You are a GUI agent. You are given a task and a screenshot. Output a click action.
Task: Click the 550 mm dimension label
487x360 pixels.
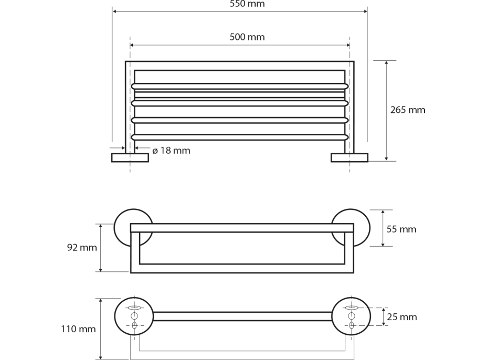click(247, 4)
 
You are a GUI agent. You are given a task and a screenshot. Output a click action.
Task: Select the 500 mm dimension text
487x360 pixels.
click(247, 37)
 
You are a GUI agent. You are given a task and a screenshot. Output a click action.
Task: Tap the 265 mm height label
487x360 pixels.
click(408, 110)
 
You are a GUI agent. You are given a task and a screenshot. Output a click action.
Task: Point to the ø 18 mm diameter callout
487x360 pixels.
click(171, 151)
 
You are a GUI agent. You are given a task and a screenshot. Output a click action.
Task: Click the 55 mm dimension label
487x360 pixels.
click(401, 229)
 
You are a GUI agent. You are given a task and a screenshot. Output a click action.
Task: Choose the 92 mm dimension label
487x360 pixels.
click(82, 248)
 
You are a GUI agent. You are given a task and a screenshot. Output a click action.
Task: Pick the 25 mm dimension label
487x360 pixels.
click(402, 317)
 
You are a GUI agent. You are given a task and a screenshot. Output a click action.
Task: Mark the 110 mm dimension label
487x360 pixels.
click(78, 329)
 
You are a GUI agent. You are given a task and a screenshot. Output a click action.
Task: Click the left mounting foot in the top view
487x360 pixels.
click(130, 158)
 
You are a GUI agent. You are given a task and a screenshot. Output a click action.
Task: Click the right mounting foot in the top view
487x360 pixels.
click(350, 158)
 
